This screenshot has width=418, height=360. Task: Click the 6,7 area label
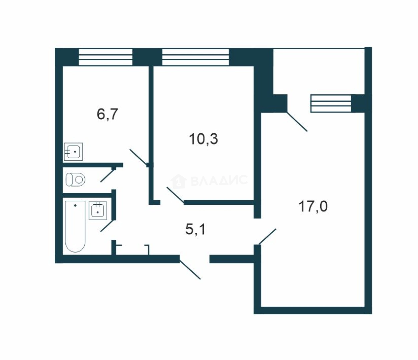(x=107, y=114)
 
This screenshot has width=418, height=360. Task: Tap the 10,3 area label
(x=203, y=139)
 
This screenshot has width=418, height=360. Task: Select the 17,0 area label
(x=313, y=207)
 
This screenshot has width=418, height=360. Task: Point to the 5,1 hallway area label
(x=195, y=230)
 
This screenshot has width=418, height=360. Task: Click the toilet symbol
(x=75, y=179)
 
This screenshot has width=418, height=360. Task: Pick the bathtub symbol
(x=75, y=226)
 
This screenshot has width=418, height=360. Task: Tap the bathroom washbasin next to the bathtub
(x=98, y=211)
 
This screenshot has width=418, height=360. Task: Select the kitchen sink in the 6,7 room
(x=73, y=152)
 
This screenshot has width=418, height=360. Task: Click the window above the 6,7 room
(x=105, y=57)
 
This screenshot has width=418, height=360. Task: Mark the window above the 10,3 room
(x=195, y=57)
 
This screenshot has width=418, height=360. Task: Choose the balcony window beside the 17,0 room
(x=331, y=104)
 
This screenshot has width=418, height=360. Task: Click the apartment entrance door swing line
(x=190, y=270)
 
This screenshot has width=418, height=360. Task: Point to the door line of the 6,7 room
(x=139, y=157)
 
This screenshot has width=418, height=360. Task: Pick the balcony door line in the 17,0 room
(x=297, y=121)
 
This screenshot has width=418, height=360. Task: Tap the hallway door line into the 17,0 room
(x=268, y=237)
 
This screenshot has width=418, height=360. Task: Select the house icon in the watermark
(x=178, y=181)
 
